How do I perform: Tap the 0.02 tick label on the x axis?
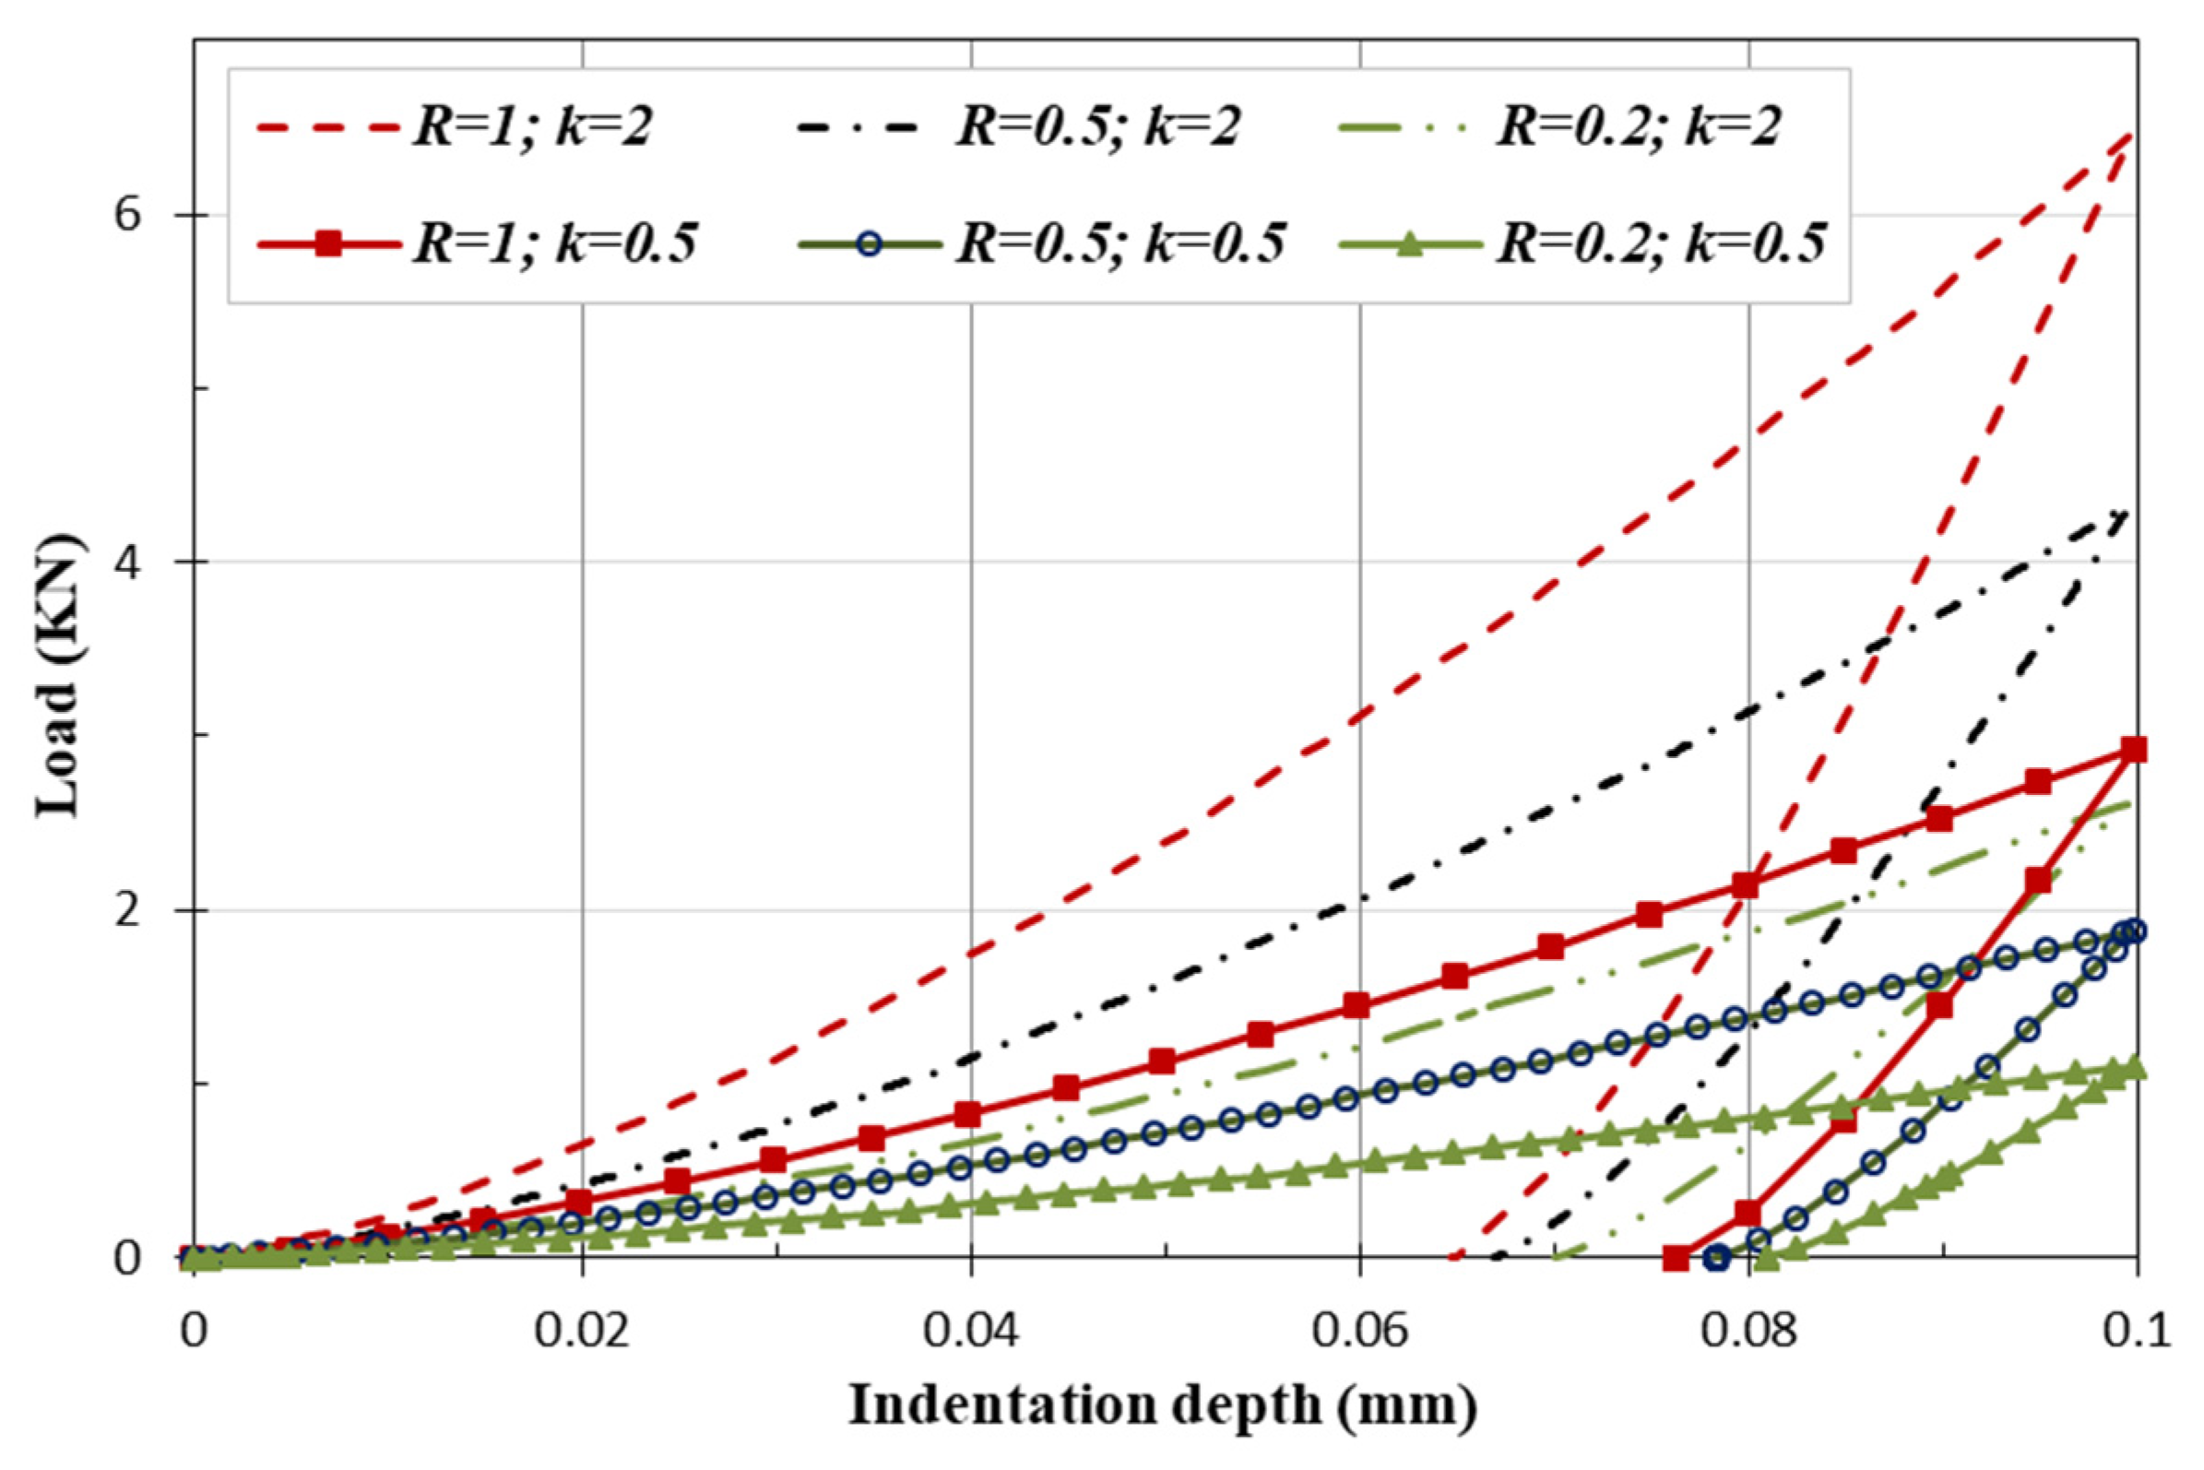(581, 1332)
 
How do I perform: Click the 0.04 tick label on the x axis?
(970, 1332)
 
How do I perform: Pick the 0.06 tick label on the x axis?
(1359, 1332)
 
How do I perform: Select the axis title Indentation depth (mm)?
(1163, 1406)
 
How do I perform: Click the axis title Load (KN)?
(58, 675)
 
